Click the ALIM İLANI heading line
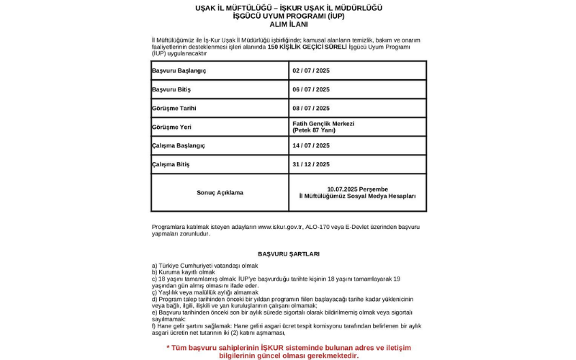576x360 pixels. (x=288, y=24)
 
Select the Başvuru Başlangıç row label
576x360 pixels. (x=179, y=71)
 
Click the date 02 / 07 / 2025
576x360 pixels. (x=310, y=71)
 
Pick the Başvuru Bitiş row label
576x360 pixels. (x=172, y=89)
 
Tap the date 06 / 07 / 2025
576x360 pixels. (x=310, y=89)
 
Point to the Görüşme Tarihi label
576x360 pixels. (x=174, y=108)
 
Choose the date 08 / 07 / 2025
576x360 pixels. (x=310, y=108)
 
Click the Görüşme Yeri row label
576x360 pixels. (x=171, y=127)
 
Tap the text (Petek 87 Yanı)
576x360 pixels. (x=314, y=130)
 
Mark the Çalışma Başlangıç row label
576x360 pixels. (x=178, y=145)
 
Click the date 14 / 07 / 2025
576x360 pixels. (x=310, y=145)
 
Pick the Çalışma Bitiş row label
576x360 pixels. (x=171, y=164)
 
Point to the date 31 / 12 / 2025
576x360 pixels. (x=310, y=164)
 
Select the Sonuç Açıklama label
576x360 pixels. (x=220, y=192)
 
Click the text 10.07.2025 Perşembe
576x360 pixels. (x=357, y=189)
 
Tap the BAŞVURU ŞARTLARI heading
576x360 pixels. (x=288, y=253)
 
